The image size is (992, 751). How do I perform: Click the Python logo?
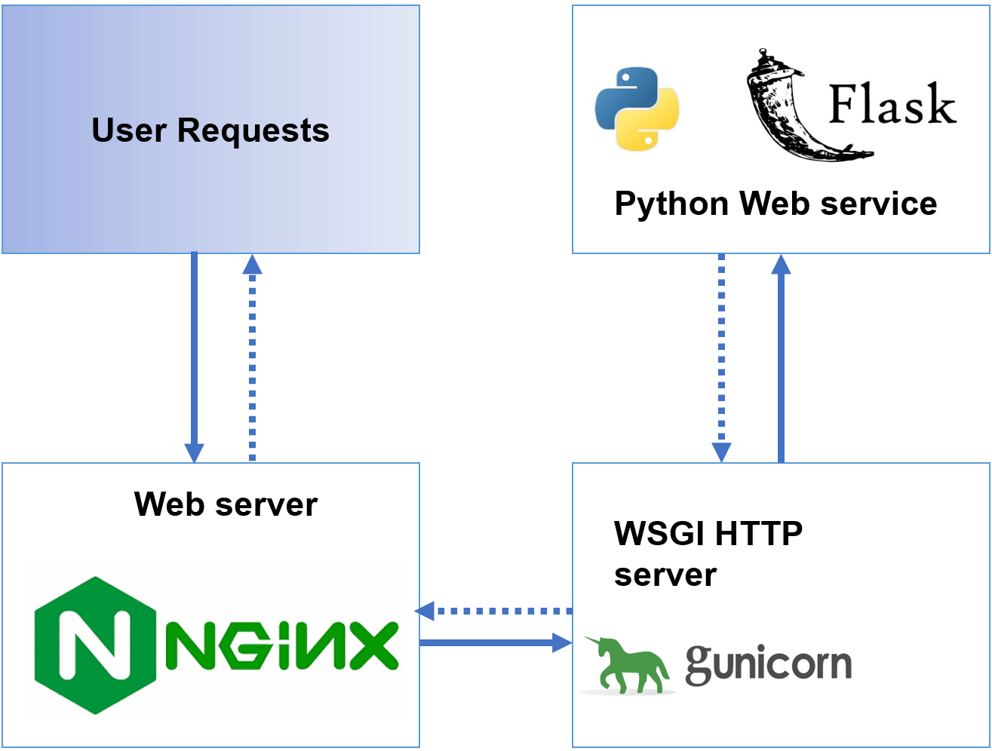[637, 109]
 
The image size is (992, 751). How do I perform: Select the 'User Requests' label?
[210, 130]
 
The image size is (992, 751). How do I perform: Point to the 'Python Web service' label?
[775, 204]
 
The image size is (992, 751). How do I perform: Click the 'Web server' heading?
[226, 504]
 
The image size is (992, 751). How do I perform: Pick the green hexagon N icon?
[95, 645]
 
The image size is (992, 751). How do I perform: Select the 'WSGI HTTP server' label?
[708, 553]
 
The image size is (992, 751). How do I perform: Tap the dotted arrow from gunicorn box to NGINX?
[494, 611]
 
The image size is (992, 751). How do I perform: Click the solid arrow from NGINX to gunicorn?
[494, 642]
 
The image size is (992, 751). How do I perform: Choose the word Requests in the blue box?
[253, 130]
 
